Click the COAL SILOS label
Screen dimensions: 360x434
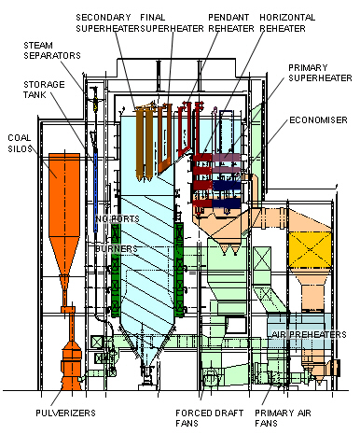tap(20, 143)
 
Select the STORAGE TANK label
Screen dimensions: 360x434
tap(44, 90)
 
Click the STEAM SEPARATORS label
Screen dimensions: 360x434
tap(52, 50)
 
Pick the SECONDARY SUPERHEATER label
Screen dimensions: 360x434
tap(107, 22)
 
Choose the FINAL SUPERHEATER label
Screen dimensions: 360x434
tap(172, 22)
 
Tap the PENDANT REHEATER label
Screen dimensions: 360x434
tap(231, 22)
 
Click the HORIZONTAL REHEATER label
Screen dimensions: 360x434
tap(287, 22)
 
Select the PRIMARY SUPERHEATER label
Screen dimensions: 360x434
tap(320, 73)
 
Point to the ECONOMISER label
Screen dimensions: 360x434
tap(318, 119)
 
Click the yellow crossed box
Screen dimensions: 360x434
tap(310, 250)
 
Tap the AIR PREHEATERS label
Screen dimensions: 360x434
tap(309, 334)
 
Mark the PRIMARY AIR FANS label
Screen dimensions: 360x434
tap(283, 418)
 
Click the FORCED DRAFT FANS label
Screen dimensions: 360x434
tap(209, 418)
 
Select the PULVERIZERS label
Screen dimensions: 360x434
tap(65, 413)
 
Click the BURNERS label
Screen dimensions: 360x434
tap(117, 249)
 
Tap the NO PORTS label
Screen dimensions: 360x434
tap(118, 219)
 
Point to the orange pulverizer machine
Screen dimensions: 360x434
tap(72, 364)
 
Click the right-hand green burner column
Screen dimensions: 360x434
tap(179, 270)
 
